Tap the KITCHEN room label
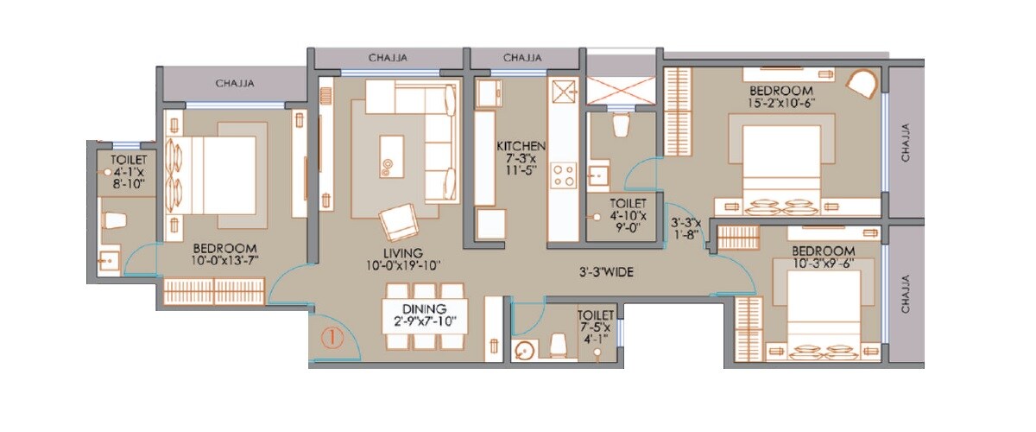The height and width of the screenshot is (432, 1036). coord(521,158)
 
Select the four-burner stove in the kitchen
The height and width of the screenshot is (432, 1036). coord(565,175)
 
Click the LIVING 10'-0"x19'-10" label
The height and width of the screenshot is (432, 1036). coord(402,257)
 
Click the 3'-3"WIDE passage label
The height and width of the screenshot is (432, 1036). coord(606,272)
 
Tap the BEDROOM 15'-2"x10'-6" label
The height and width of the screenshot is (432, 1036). coord(780,97)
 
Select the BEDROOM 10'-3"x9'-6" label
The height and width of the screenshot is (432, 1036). coord(824,258)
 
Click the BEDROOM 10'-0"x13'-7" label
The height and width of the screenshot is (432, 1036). coord(228,252)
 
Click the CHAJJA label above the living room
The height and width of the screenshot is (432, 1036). coord(388,58)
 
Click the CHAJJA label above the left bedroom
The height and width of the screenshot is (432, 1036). coord(233,84)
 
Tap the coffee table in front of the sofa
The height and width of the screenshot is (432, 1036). coord(391,156)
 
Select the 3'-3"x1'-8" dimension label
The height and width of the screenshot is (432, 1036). coord(686,228)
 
